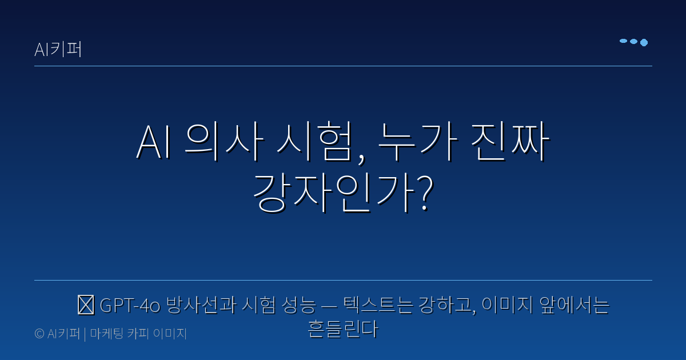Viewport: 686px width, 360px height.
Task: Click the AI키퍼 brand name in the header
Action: [58, 50]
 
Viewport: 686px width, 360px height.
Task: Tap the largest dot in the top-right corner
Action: [644, 42]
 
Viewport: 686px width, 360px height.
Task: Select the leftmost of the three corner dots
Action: [624, 41]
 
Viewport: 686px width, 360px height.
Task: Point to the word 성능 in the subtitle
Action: [298, 306]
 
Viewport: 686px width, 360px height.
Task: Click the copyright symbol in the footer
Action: [39, 334]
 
